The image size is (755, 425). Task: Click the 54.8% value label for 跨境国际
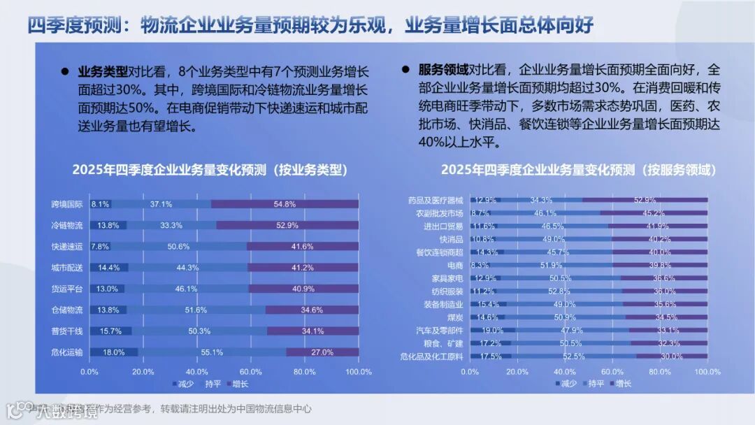(x=285, y=204)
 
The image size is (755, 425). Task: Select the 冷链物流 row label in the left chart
(x=67, y=225)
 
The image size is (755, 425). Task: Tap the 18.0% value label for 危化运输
(x=113, y=352)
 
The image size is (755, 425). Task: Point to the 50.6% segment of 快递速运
(x=179, y=246)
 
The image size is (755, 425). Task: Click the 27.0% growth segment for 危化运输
(x=322, y=352)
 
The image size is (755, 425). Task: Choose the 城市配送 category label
(x=67, y=267)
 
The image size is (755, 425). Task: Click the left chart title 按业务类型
(x=210, y=169)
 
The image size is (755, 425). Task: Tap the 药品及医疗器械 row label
(x=435, y=200)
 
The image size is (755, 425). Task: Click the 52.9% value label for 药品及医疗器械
(x=645, y=200)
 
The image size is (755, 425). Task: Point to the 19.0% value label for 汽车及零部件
(x=492, y=331)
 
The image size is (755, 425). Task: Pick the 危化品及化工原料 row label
(x=431, y=356)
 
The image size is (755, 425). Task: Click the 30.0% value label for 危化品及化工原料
(x=672, y=356)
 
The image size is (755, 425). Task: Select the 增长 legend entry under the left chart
(x=237, y=383)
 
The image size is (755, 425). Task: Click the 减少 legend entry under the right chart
(x=564, y=383)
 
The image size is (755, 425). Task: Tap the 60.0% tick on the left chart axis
(x=251, y=371)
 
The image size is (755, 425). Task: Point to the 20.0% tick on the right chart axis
(x=517, y=371)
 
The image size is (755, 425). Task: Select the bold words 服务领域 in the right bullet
(x=443, y=70)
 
